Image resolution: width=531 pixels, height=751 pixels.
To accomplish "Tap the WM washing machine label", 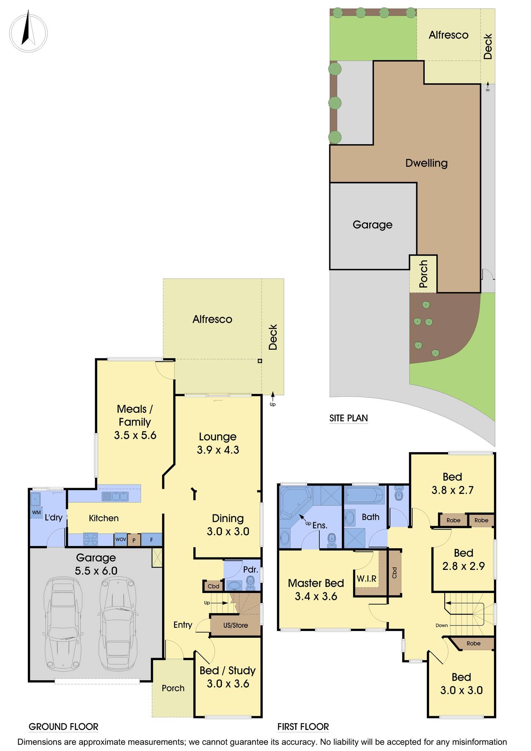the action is (36, 512).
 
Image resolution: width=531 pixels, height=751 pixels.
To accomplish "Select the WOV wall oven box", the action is (121, 539).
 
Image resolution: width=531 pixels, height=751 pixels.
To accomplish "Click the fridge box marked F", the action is (151, 540).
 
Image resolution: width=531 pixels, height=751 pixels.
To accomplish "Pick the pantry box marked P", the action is (134, 540).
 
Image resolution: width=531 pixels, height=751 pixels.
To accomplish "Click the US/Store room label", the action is (235, 625).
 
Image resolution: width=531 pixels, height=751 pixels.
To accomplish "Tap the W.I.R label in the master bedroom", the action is (366, 578).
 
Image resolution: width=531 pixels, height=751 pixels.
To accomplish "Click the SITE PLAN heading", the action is (348, 418).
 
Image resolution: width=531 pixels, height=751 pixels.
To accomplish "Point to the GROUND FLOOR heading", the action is (63, 726).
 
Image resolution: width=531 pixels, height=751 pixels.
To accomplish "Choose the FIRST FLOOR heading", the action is (303, 726).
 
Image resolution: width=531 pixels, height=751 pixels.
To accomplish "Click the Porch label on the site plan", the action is (423, 274).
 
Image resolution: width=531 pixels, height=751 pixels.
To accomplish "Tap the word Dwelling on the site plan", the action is (426, 163).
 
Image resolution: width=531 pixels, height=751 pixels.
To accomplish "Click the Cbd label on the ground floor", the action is (213, 586).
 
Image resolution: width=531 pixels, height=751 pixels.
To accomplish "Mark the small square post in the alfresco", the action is (260, 361).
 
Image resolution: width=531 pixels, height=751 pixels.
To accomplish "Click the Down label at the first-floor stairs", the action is (442, 625).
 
